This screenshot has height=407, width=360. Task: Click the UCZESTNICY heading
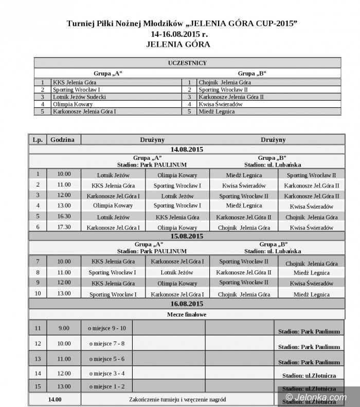pos(187,63)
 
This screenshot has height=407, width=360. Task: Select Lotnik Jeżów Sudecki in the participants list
pos(79,97)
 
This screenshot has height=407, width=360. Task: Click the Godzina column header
pos(63,139)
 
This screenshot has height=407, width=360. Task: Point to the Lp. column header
pos(38,139)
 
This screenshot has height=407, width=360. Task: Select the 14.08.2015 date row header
pos(187,149)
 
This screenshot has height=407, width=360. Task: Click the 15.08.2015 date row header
pos(187,236)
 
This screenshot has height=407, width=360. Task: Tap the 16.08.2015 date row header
pos(187,304)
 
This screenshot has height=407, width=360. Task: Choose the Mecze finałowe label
pos(187,313)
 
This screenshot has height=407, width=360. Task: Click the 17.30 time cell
pos(64,227)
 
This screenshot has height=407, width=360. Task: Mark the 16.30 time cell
pos(64,217)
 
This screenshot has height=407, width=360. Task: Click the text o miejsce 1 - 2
pos(106,386)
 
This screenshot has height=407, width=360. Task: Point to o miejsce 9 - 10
pos(106,328)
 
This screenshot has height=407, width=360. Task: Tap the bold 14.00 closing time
pos(55,399)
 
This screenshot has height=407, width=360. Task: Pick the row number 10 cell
pos(38,294)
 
